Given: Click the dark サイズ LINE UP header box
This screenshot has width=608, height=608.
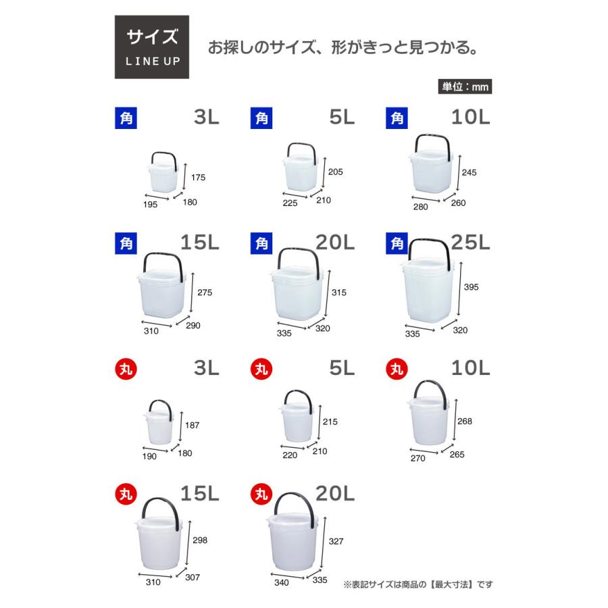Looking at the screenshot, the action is tap(151, 47).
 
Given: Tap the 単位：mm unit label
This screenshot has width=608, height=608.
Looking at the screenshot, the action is tap(465, 86).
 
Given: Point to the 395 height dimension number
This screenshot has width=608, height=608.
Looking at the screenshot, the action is tap(471, 287).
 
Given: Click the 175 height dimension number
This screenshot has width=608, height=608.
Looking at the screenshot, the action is tap(197, 178).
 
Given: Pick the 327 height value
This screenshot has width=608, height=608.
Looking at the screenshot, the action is tap(336, 541).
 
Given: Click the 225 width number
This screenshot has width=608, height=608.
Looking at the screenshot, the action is tap(291, 202).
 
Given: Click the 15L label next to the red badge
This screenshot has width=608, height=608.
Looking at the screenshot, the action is tap(200, 494).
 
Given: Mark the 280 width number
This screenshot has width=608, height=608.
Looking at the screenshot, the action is tap(420, 207).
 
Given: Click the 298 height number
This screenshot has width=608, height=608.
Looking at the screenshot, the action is tap(200, 540).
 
